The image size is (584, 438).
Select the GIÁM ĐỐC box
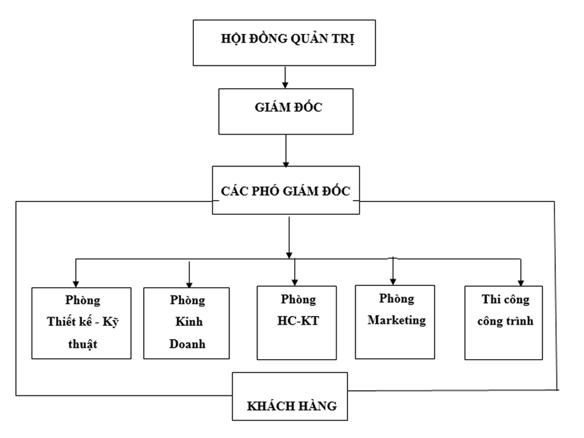[286, 110]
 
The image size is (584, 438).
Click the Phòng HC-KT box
[296, 322]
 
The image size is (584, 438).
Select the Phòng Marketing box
[395, 321]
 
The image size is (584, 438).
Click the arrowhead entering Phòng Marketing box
[394, 279]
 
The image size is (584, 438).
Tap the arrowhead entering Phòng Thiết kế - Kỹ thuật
[76, 280]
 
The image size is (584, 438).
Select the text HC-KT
[296, 321]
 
